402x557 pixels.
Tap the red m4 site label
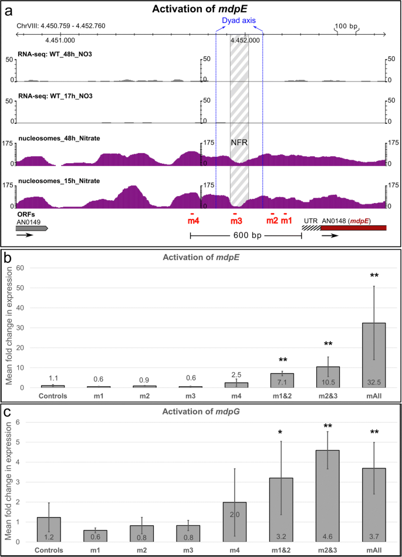tap(193, 221)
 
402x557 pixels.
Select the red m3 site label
tap(235, 221)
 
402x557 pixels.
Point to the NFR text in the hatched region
tap(239, 142)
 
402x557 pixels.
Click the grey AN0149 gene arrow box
tap(32, 228)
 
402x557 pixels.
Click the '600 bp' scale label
tap(245, 236)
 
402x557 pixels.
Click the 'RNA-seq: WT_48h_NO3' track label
tap(57, 54)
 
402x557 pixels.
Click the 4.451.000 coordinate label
tap(60, 40)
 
